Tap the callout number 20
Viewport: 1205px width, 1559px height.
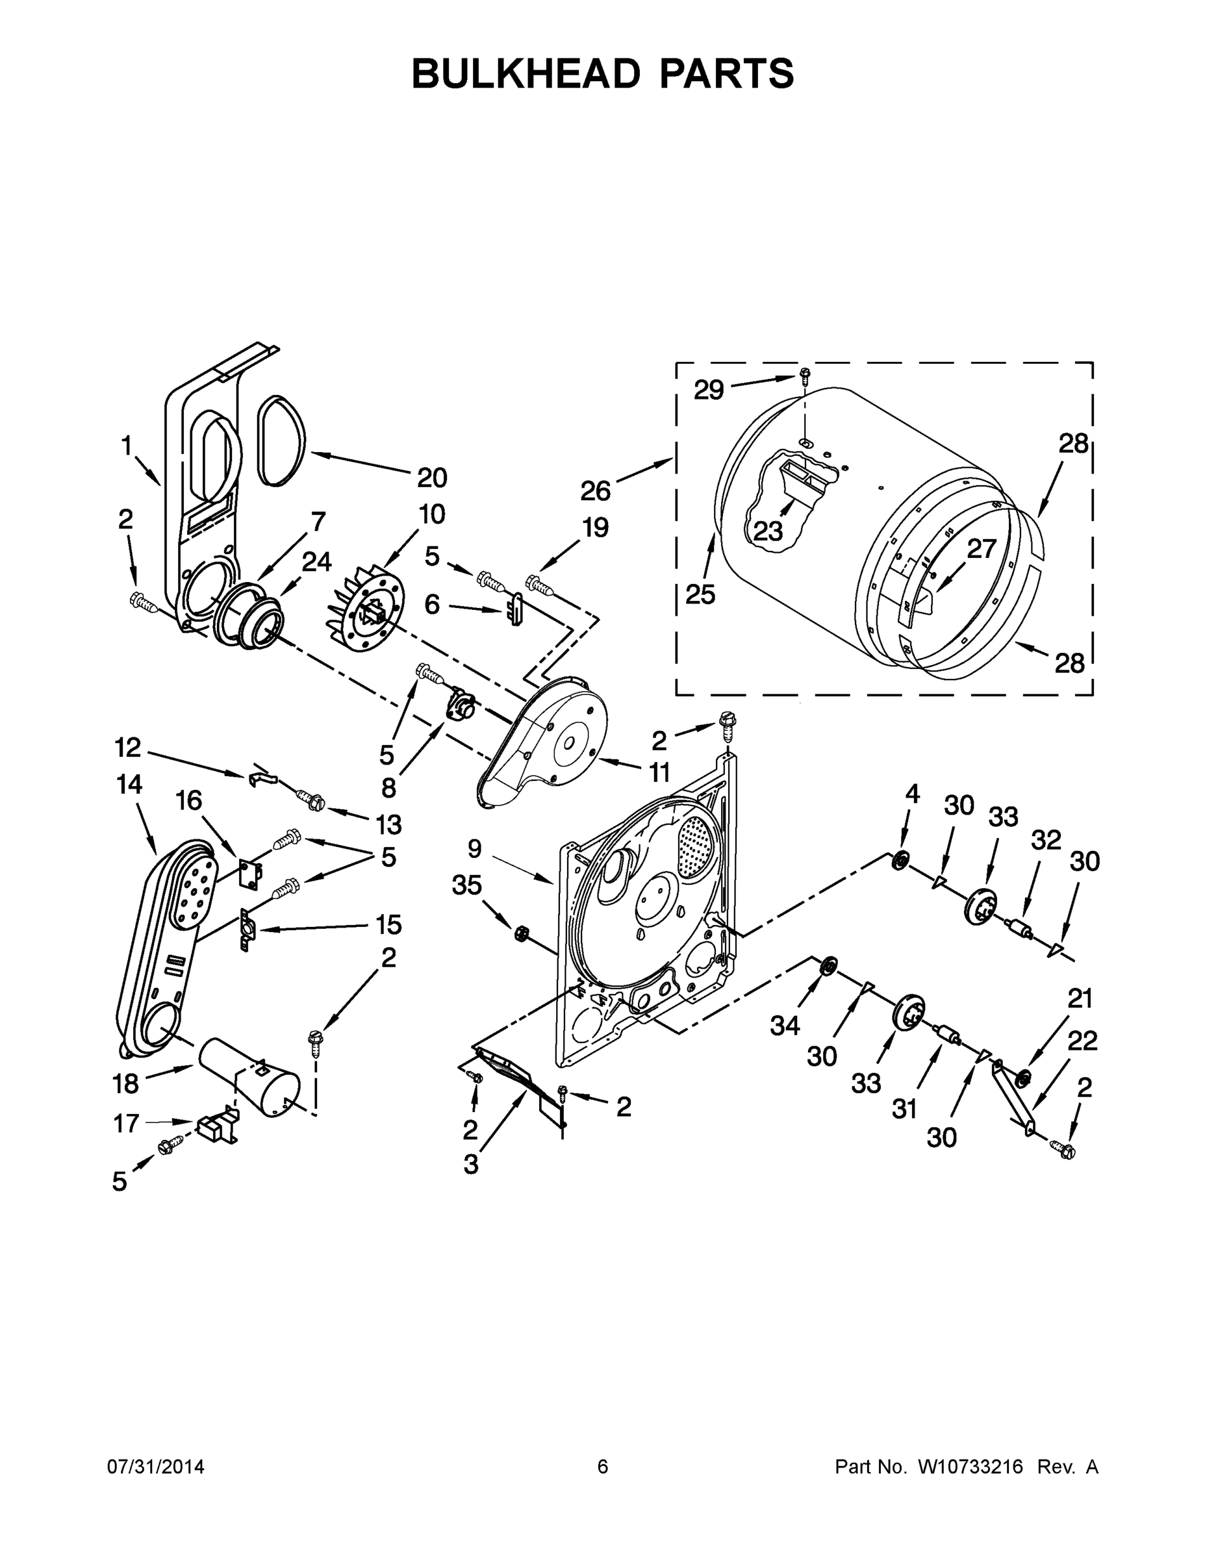pos(432,477)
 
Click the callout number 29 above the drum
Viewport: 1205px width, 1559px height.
pos(708,390)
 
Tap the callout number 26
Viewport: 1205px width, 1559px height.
pos(594,491)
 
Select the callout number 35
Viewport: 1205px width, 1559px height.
pos(467,885)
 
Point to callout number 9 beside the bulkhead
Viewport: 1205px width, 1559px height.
pos(475,849)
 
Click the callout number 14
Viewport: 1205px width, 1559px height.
pos(129,785)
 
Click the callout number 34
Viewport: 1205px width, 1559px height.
pos(785,1026)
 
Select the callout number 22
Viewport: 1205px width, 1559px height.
pos(1082,1041)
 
